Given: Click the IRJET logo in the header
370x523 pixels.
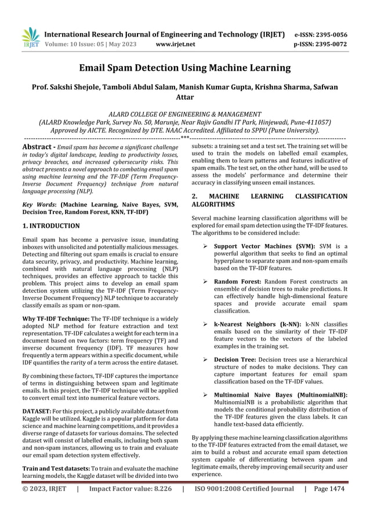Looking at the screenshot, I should point(30,37).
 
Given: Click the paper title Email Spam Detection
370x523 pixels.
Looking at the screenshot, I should point(185,68).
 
